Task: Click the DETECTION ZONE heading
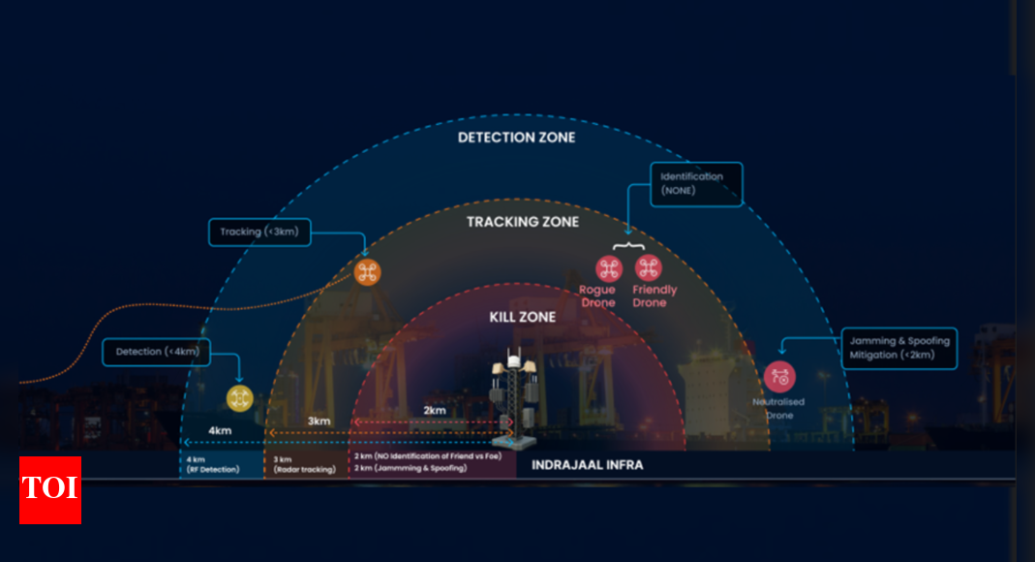tap(516, 138)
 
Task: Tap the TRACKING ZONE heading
tap(523, 222)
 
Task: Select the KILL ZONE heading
tap(523, 317)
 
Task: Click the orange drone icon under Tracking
tap(367, 271)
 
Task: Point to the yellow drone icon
tap(239, 397)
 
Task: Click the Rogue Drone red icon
tap(608, 268)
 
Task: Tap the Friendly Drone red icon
tap(648, 268)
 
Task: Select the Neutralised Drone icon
tap(779, 377)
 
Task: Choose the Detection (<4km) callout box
tap(157, 352)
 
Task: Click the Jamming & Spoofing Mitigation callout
tap(899, 348)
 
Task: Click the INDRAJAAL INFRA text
tap(587, 465)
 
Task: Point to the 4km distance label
tap(221, 430)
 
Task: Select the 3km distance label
tap(320, 421)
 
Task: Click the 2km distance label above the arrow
tap(435, 410)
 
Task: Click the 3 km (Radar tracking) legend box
tap(306, 463)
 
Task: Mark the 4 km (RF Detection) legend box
tap(221, 463)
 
